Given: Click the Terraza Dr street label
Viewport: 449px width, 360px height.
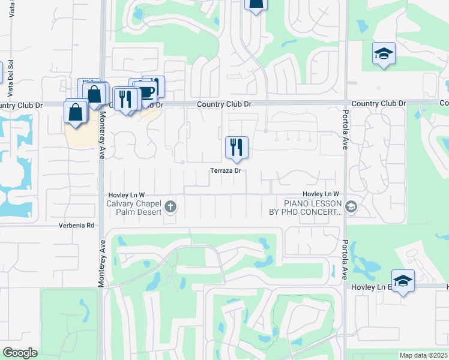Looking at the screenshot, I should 226,171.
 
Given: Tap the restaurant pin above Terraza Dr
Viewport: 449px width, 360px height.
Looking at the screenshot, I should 237,147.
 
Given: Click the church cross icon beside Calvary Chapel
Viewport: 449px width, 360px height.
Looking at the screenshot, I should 170,207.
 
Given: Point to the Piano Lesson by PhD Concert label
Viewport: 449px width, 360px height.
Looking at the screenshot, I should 305,208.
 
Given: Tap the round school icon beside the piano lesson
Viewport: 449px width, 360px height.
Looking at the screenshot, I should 351,207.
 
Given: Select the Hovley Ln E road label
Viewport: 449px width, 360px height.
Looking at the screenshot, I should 366,288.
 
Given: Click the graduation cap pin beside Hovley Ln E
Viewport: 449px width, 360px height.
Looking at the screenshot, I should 403,281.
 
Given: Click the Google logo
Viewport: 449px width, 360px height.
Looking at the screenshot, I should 20,353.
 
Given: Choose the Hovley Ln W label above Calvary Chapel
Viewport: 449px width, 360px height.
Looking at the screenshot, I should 126,195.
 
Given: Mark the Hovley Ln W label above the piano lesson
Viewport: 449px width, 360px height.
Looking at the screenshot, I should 321,194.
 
